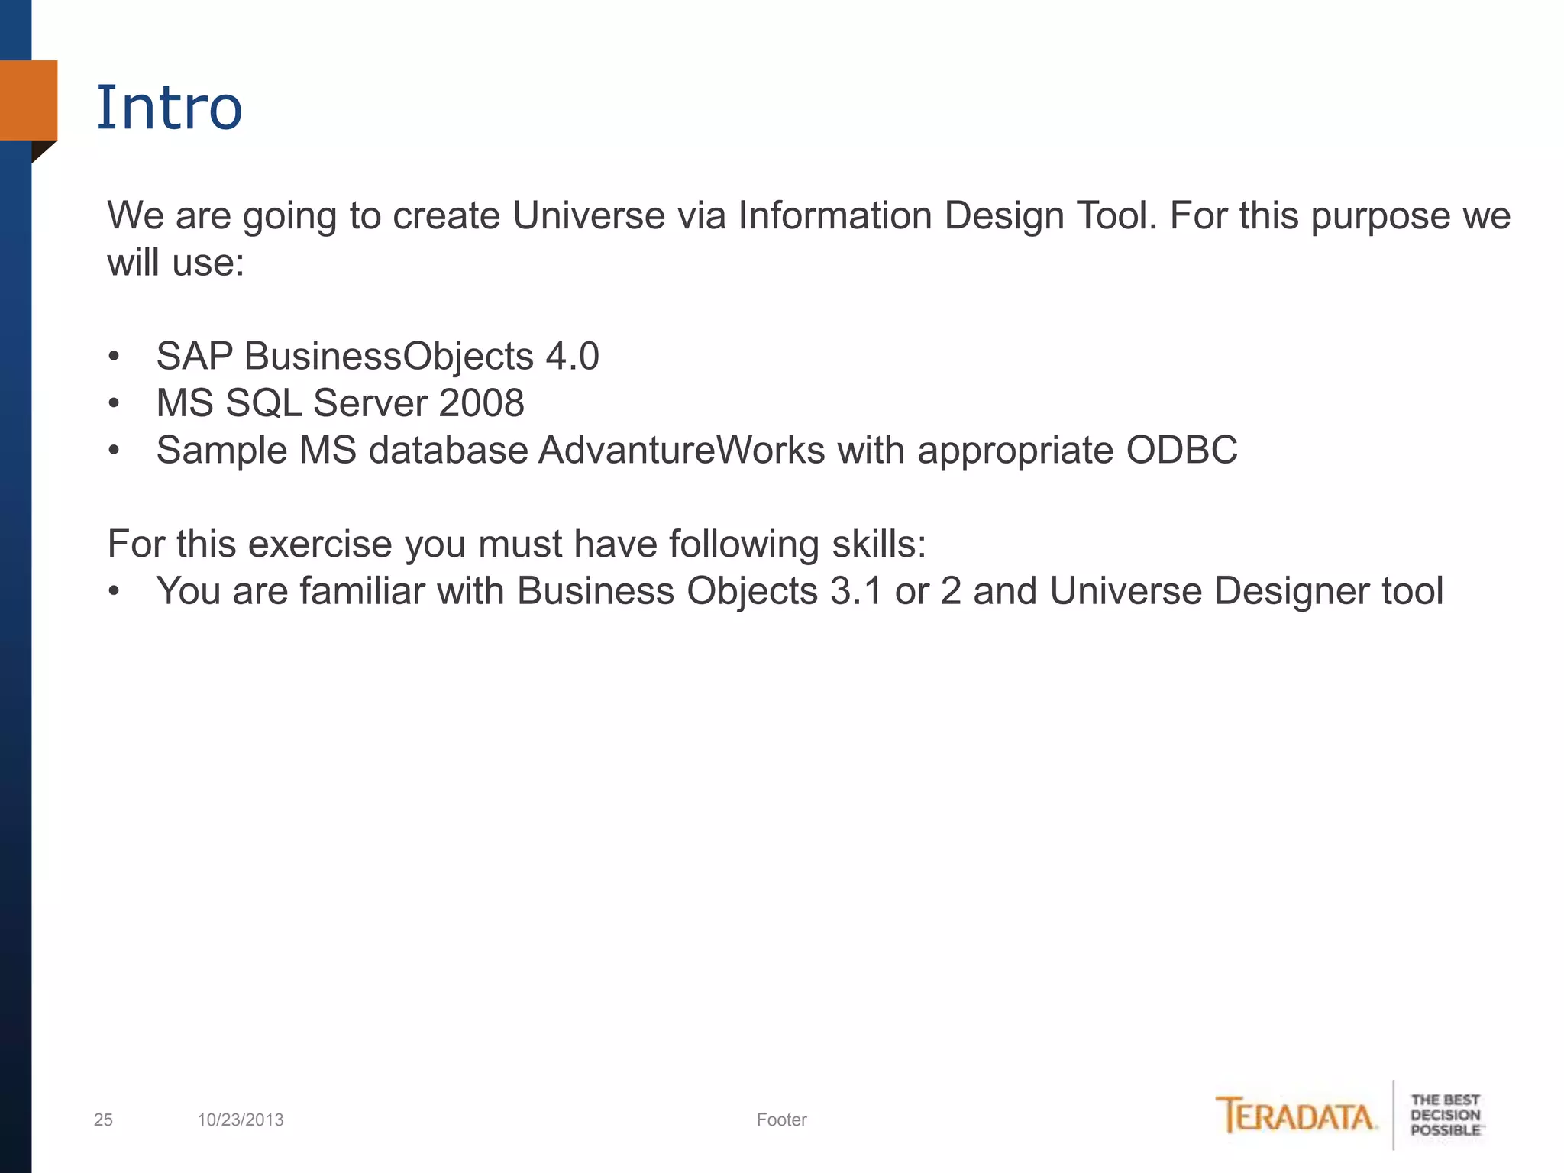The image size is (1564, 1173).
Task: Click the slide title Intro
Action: pos(169,108)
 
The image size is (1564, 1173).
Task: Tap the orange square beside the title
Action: pos(28,100)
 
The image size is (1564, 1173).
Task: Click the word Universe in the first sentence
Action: pos(588,215)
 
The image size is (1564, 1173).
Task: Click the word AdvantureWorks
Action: pos(682,450)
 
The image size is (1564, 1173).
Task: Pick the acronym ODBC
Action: pos(1181,450)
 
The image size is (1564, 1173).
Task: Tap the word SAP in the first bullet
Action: pos(194,356)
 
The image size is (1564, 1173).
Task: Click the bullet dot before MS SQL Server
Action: pos(114,403)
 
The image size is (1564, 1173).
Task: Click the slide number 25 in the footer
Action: pos(103,1120)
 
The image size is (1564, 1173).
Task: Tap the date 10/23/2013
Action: pos(241,1120)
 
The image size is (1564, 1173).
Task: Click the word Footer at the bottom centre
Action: pos(781,1120)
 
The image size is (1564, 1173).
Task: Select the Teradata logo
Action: pos(1296,1116)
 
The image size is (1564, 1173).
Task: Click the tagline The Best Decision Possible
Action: pos(1445,1115)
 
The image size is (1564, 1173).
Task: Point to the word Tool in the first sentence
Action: pos(1115,215)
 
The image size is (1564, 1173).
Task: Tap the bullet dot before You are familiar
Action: pos(114,591)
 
